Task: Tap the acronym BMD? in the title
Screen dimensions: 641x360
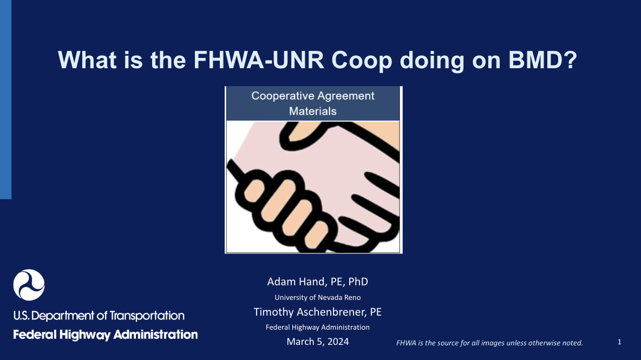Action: tap(542, 60)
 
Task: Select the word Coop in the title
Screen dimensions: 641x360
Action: tap(362, 61)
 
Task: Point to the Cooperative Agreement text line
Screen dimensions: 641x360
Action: tap(313, 96)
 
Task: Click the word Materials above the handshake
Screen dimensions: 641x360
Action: tap(313, 111)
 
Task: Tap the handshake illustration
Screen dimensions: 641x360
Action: tap(313, 187)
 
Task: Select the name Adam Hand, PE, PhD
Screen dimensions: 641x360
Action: tap(318, 282)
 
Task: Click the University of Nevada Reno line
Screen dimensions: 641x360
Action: tap(318, 298)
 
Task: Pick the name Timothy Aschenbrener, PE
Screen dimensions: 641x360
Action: tap(318, 312)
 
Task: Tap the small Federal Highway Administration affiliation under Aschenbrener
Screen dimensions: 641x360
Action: tap(318, 328)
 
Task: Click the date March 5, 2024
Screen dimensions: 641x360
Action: tap(318, 342)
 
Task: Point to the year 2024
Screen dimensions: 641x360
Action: tap(338, 342)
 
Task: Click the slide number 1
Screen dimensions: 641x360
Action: tap(619, 342)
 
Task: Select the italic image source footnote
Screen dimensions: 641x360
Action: tap(489, 343)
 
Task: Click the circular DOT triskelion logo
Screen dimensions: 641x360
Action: tap(29, 285)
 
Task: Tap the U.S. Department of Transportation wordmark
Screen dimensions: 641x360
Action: tap(99, 316)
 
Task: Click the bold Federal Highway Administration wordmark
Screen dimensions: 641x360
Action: tap(106, 335)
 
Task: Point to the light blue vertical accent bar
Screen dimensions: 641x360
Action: tap(6, 99)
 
